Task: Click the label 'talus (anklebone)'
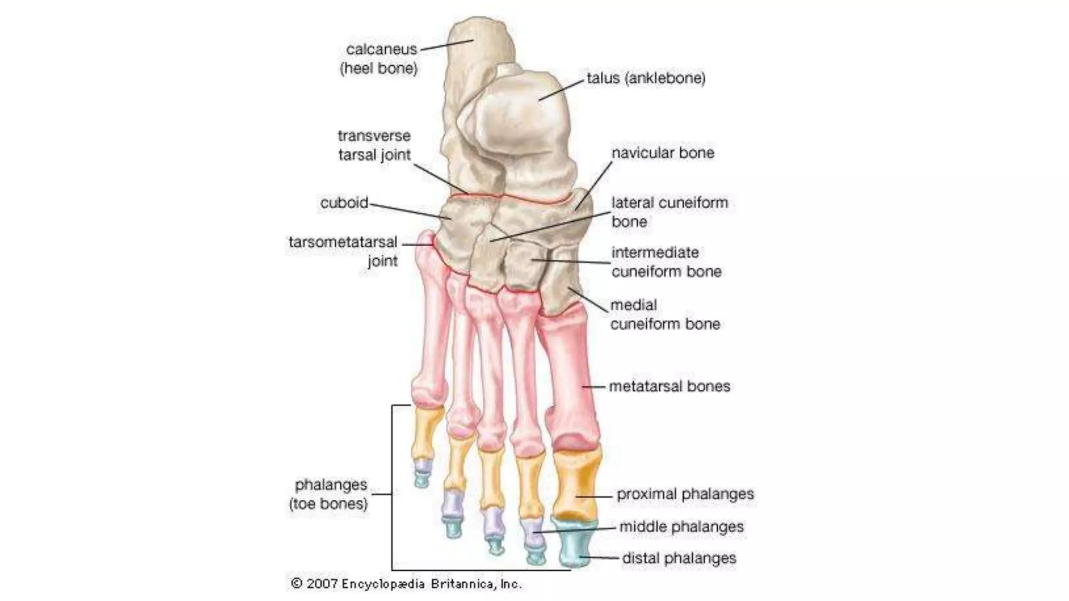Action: (646, 78)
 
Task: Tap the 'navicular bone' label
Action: (663, 153)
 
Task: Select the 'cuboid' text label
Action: (344, 202)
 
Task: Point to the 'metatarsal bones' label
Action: (670, 386)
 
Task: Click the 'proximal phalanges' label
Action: (685, 494)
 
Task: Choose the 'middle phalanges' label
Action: (681, 526)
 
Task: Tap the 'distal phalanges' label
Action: (679, 558)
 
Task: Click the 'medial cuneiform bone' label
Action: (665, 314)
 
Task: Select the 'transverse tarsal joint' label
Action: (374, 145)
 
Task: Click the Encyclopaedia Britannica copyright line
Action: (406, 584)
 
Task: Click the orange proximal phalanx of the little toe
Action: (427, 433)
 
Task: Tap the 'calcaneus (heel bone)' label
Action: (380, 58)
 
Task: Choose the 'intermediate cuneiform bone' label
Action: (666, 262)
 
